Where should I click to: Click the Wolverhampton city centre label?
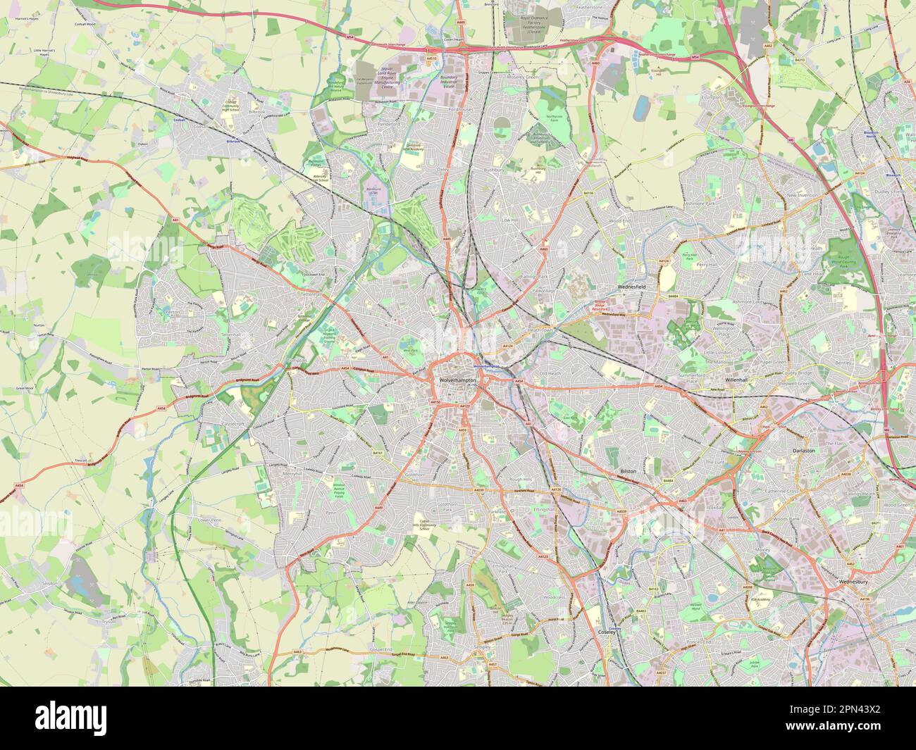pyautogui.click(x=457, y=380)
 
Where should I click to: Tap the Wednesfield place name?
pyautogui.click(x=631, y=287)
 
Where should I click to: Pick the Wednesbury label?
pyautogui.click(x=853, y=582)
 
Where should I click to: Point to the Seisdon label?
pyautogui.click(x=48, y=585)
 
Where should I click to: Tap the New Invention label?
pyautogui.click(x=801, y=195)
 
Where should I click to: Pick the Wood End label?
pyautogui.click(x=620, y=221)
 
